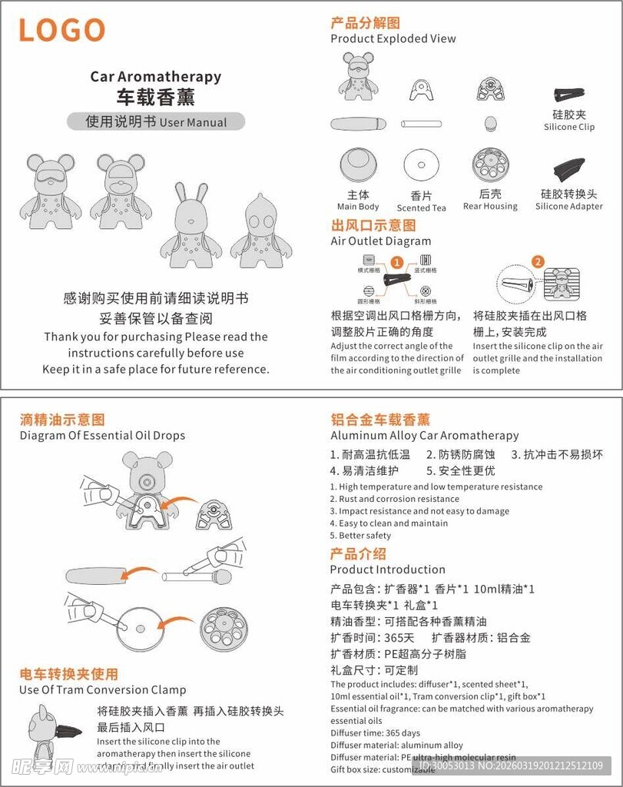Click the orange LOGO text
click(61, 31)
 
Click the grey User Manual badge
click(156, 121)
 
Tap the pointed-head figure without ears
click(261, 231)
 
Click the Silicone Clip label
click(569, 127)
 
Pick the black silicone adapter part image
click(568, 170)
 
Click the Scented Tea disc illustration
click(421, 166)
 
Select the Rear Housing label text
click(490, 206)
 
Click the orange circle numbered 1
click(397, 262)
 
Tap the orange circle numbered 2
click(538, 261)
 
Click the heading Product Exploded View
click(393, 38)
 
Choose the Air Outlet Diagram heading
click(381, 241)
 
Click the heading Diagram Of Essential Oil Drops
click(102, 435)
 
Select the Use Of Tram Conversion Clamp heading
click(102, 689)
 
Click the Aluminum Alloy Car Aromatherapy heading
click(424, 435)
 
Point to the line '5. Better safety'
click(360, 536)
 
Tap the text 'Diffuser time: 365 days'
click(375, 733)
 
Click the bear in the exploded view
click(358, 77)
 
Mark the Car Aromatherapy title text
click(155, 76)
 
